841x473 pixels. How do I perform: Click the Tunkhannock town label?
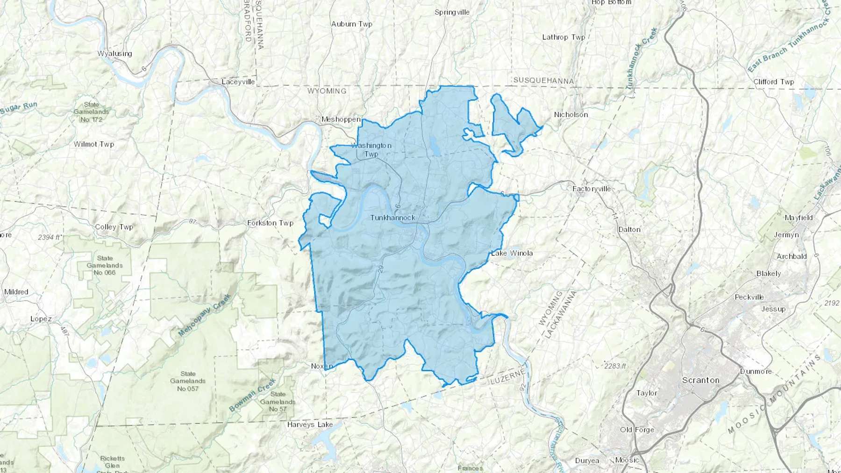pyautogui.click(x=392, y=218)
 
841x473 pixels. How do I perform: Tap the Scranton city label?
pyautogui.click(x=700, y=380)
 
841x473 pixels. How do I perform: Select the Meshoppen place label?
pyautogui.click(x=341, y=120)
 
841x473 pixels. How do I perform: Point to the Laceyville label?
pyautogui.click(x=238, y=82)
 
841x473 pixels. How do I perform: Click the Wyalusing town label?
pyautogui.click(x=114, y=54)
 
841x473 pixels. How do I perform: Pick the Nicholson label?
pyautogui.click(x=570, y=114)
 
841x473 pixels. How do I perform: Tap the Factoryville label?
pyautogui.click(x=592, y=189)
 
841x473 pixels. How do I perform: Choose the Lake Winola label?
pyautogui.click(x=512, y=253)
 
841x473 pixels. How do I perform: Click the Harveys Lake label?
pyautogui.click(x=310, y=424)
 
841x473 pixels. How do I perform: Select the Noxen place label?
pyautogui.click(x=322, y=366)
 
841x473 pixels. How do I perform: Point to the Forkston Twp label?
pyautogui.click(x=270, y=223)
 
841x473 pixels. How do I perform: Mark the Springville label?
pyautogui.click(x=452, y=12)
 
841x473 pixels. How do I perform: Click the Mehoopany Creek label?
pyautogui.click(x=205, y=315)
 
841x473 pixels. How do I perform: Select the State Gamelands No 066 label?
pyautogui.click(x=105, y=265)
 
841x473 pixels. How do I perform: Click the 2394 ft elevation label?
pyautogui.click(x=50, y=237)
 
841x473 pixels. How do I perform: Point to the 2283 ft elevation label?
pyautogui.click(x=615, y=366)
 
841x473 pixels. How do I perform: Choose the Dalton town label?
pyautogui.click(x=629, y=229)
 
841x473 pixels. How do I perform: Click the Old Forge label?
pyautogui.click(x=637, y=430)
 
